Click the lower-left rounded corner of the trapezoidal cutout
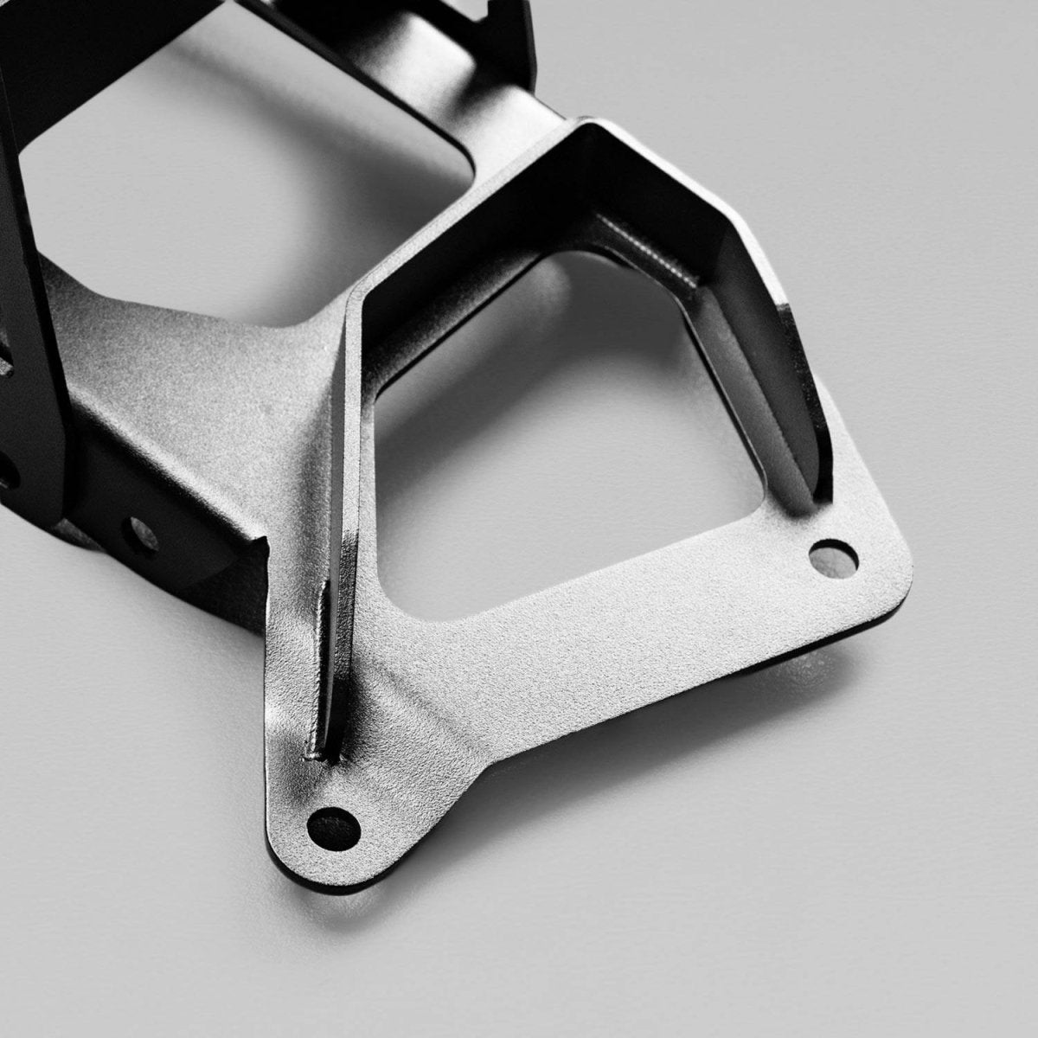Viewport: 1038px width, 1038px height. click(389, 597)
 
